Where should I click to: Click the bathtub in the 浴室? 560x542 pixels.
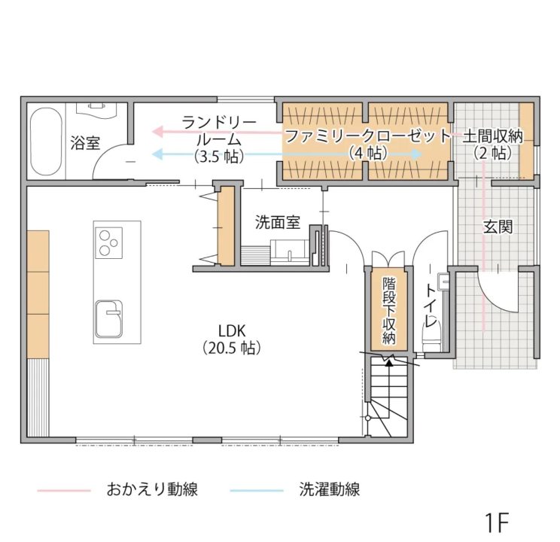(x=46, y=142)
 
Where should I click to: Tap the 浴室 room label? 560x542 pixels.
(x=84, y=142)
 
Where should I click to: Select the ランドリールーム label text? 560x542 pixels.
(x=218, y=131)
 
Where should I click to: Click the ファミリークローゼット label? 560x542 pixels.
(x=368, y=136)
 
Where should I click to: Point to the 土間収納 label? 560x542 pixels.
(x=493, y=136)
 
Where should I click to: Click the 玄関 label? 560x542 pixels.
(x=498, y=227)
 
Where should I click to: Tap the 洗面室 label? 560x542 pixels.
(x=278, y=222)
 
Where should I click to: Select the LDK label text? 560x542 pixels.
(x=232, y=331)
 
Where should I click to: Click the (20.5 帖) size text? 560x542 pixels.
(x=232, y=348)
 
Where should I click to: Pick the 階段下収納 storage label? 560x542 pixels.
(x=388, y=311)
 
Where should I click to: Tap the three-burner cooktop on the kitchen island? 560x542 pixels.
(x=108, y=243)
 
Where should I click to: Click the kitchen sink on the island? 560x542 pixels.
(x=109, y=319)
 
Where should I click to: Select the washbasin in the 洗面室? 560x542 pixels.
(x=290, y=252)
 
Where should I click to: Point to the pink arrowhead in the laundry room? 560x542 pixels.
(x=157, y=132)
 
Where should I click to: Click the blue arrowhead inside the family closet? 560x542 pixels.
(x=416, y=154)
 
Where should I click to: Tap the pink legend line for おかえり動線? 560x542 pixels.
(x=64, y=491)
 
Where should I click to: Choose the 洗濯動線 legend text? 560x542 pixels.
(x=329, y=490)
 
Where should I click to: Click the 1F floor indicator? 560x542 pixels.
(x=497, y=522)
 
